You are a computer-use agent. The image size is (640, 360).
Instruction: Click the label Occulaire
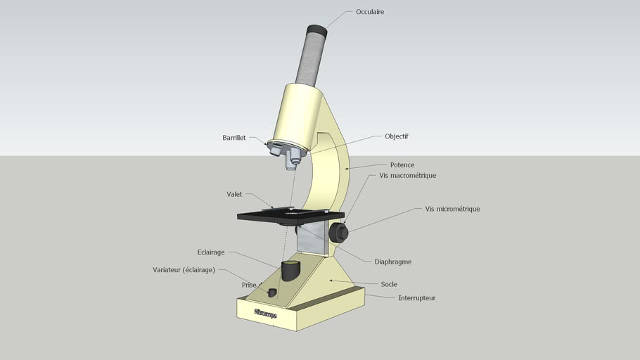point(370,12)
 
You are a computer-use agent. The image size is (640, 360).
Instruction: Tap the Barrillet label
point(233,138)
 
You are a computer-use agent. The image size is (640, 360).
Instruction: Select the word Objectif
point(397,136)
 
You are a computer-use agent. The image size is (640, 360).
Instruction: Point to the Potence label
point(402,165)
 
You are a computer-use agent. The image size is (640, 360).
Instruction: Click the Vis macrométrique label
point(408,175)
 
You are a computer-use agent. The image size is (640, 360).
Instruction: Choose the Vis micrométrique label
point(452,209)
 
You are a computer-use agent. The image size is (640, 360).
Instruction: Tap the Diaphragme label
point(392,262)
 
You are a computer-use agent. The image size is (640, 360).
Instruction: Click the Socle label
point(388,284)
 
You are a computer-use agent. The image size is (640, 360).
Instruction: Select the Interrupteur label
point(416,298)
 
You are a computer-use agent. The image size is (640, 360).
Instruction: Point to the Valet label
point(234,194)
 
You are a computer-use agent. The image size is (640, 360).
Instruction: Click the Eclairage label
point(211,252)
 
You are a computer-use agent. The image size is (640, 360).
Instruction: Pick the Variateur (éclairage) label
point(184,270)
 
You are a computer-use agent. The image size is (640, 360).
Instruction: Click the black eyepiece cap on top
point(316,31)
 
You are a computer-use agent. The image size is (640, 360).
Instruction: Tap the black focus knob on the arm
point(340,232)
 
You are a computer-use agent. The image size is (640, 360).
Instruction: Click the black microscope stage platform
point(290,215)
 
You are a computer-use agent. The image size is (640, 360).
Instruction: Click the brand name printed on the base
point(266,314)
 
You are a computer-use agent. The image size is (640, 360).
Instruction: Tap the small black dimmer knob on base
point(272,292)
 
